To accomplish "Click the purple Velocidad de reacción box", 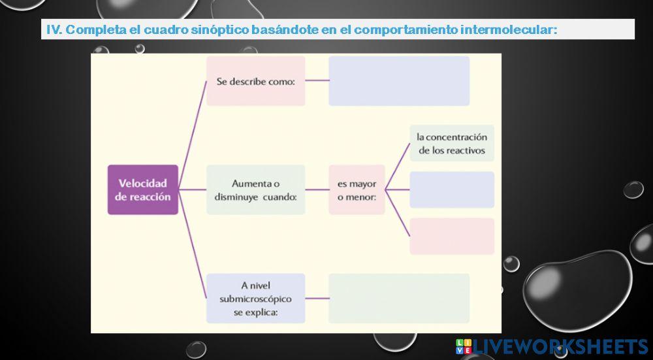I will pyautogui.click(x=143, y=189).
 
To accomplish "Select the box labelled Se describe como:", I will pyautogui.click(x=255, y=81).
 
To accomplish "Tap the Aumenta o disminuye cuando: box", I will pyautogui.click(x=255, y=189).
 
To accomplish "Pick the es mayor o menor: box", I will pyautogui.click(x=357, y=189).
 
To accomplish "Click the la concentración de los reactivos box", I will pyautogui.click(x=452, y=143).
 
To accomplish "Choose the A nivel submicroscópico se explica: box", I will pyautogui.click(x=255, y=298).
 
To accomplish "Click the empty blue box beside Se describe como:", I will pyautogui.click(x=399, y=81).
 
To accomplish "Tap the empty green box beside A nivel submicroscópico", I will pyautogui.click(x=399, y=298).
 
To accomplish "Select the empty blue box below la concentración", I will pyautogui.click(x=452, y=189).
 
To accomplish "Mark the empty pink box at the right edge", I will pyautogui.click(x=452, y=236).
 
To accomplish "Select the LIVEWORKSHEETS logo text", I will pyautogui.click(x=561, y=346).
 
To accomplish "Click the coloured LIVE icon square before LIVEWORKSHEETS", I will pyautogui.click(x=464, y=346).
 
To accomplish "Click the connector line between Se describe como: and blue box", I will pyautogui.click(x=317, y=81).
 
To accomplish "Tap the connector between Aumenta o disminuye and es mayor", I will pyautogui.click(x=317, y=189).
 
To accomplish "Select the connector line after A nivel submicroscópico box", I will pyautogui.click(x=317, y=298).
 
